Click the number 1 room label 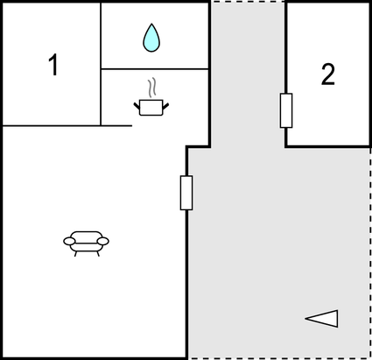pyautogui.click(x=53, y=65)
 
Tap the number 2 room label pyautogui.click(x=328, y=74)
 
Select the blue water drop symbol pyautogui.click(x=151, y=38)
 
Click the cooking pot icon pyautogui.click(x=151, y=107)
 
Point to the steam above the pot pyautogui.click(x=151, y=88)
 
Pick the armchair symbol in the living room pyautogui.click(x=86, y=244)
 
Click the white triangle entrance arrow pyautogui.click(x=322, y=319)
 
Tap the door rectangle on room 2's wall pyautogui.click(x=286, y=110)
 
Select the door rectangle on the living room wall pyautogui.click(x=186, y=193)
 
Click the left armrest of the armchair pyautogui.click(x=69, y=241)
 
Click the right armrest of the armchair pyautogui.click(x=103, y=241)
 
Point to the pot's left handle pyautogui.click(x=137, y=106)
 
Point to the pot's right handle pyautogui.click(x=165, y=106)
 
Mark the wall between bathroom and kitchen pyautogui.click(x=155, y=69)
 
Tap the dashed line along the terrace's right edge pyautogui.click(x=370, y=253)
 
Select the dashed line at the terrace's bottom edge pyautogui.click(x=279, y=358)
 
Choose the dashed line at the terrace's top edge pyautogui.click(x=248, y=2)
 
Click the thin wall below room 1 pyautogui.click(x=67, y=126)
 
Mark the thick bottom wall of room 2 pyautogui.click(x=328, y=146)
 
